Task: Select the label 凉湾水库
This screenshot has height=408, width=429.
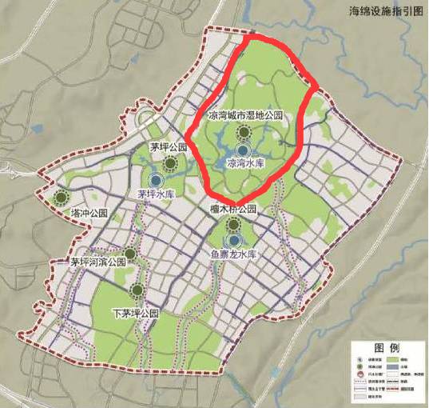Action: click(245, 163)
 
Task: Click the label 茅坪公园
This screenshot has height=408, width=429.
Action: click(169, 148)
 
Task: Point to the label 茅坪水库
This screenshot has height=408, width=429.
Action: click(155, 194)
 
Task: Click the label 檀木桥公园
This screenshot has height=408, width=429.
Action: click(232, 210)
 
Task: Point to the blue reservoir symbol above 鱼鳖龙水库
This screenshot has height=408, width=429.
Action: click(234, 240)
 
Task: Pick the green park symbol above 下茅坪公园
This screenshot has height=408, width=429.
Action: click(137, 290)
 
